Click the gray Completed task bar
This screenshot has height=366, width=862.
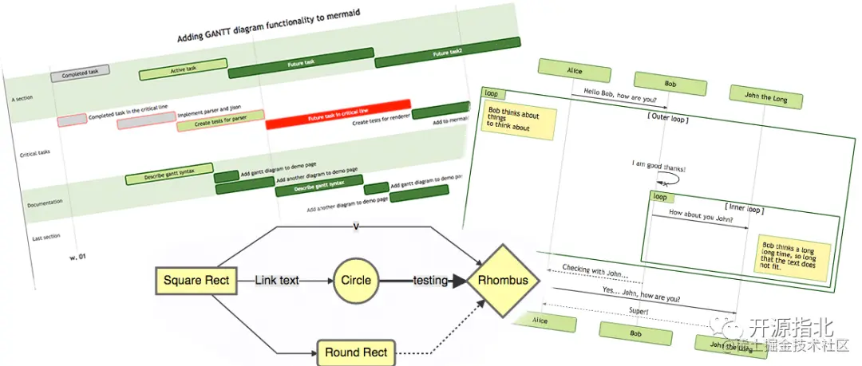(81, 74)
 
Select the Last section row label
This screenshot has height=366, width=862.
(46, 238)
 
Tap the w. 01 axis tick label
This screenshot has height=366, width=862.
(77, 257)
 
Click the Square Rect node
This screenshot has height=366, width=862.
(196, 280)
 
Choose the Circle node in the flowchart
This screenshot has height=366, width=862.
(355, 281)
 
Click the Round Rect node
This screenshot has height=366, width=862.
(355, 352)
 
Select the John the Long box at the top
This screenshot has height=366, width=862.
(764, 97)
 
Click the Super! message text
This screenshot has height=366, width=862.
(638, 310)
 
